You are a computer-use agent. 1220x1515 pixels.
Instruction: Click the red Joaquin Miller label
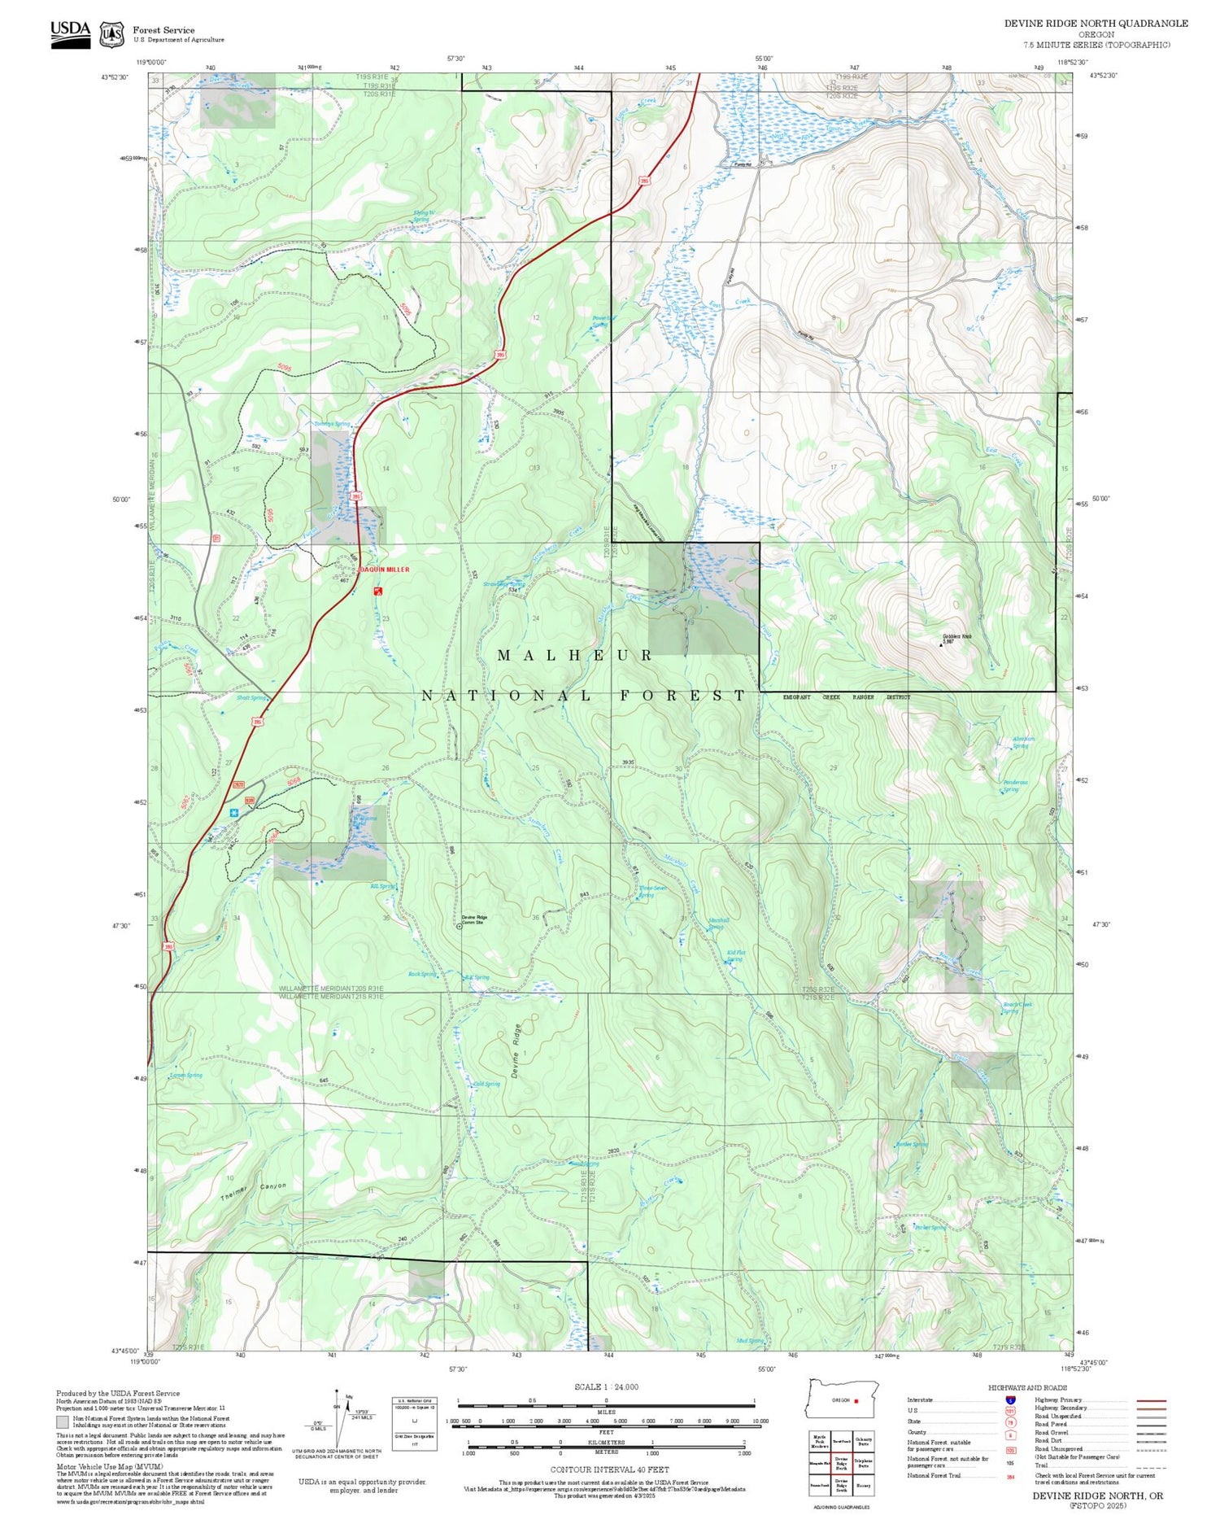click(x=385, y=570)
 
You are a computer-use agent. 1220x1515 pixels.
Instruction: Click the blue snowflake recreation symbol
click(x=234, y=813)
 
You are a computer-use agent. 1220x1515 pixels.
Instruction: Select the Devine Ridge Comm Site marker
click(x=459, y=925)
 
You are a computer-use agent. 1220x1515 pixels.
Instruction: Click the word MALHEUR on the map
click(x=575, y=656)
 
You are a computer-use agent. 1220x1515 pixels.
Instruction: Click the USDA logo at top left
click(x=71, y=33)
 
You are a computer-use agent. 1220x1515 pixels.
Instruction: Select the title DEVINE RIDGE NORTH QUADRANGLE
click(x=1096, y=24)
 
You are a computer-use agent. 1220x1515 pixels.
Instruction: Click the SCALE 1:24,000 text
click(x=606, y=1387)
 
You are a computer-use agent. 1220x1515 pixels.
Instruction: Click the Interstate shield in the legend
click(x=1010, y=1400)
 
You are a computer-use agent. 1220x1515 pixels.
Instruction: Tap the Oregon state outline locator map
click(x=842, y=1399)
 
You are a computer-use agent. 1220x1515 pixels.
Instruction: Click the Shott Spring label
click(x=251, y=698)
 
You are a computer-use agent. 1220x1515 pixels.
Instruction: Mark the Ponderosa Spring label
click(x=1014, y=785)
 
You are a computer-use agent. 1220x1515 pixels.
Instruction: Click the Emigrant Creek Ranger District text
click(x=846, y=697)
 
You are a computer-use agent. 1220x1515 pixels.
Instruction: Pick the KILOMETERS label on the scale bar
click(x=606, y=1441)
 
